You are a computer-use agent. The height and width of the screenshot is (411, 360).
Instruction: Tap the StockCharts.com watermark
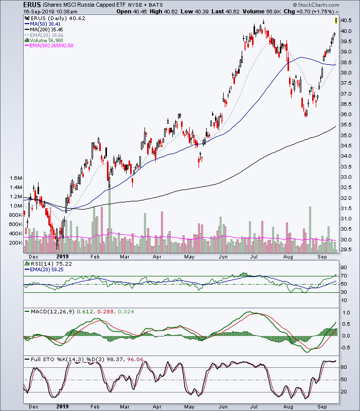tap(316, 5)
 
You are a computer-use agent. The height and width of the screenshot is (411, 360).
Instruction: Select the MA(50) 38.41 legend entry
tap(43, 24)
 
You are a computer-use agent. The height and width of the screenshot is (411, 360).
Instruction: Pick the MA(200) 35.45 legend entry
tap(44, 30)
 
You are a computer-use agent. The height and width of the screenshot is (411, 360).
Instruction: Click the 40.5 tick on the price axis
tap(346, 21)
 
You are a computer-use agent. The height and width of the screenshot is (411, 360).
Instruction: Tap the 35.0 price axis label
tap(346, 135)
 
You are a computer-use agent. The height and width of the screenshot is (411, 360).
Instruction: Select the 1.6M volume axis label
tap(16, 178)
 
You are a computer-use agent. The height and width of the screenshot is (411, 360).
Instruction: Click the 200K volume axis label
tap(16, 243)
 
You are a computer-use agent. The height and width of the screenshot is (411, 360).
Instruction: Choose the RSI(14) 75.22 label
tap(48, 264)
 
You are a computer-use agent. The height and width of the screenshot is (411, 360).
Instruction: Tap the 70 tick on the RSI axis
tap(344, 276)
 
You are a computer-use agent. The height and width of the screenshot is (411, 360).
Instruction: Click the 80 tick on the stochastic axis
tap(344, 367)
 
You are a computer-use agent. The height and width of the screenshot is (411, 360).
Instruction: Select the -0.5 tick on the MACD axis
tap(345, 348)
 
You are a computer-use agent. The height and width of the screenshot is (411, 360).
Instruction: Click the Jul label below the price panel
tap(254, 256)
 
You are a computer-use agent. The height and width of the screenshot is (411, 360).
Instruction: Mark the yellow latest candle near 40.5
tap(336, 21)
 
